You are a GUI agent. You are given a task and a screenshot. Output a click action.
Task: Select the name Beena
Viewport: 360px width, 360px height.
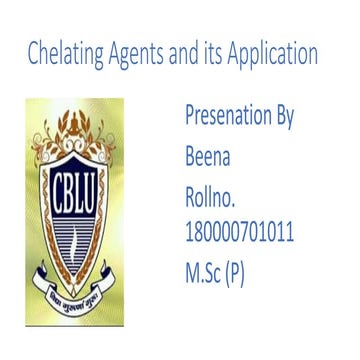[x=207, y=155]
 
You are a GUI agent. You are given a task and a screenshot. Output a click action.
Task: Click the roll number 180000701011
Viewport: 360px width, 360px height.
[x=239, y=233]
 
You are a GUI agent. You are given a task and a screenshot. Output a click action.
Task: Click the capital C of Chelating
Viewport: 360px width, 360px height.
[x=34, y=54]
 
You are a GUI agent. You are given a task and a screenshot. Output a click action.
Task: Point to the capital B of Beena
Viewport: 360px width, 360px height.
[x=190, y=155]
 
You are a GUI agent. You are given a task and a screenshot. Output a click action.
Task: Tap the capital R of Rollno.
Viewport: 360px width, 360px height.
[x=190, y=194]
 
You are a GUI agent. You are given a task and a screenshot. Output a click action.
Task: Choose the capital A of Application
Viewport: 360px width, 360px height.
[x=238, y=54]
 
